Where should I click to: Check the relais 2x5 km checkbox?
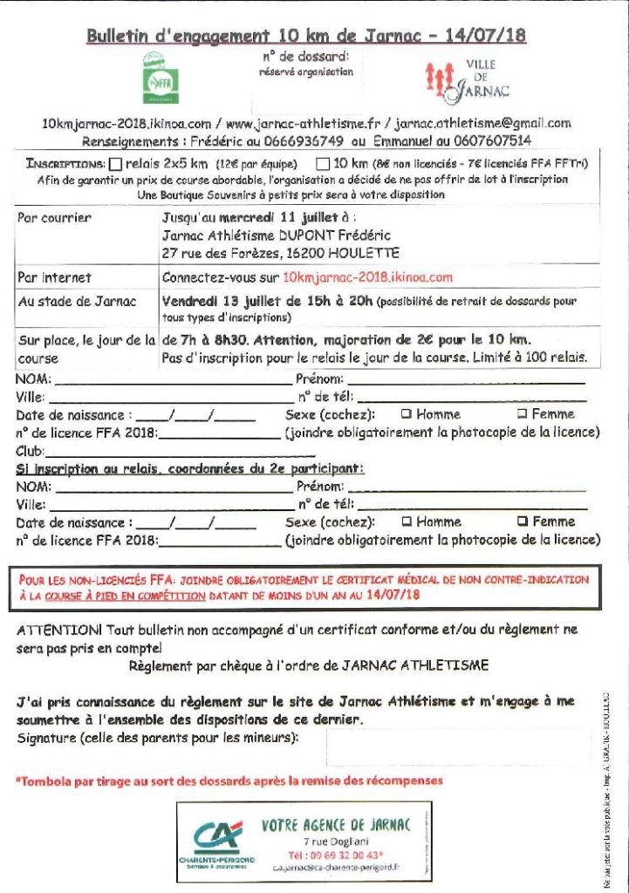click(115, 163)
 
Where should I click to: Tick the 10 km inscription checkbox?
click(322, 163)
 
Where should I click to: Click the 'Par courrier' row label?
click(54, 218)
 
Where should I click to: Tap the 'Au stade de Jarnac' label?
click(77, 302)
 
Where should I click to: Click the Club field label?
click(30, 452)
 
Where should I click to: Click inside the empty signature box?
click(458, 746)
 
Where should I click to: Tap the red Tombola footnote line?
click(229, 781)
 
